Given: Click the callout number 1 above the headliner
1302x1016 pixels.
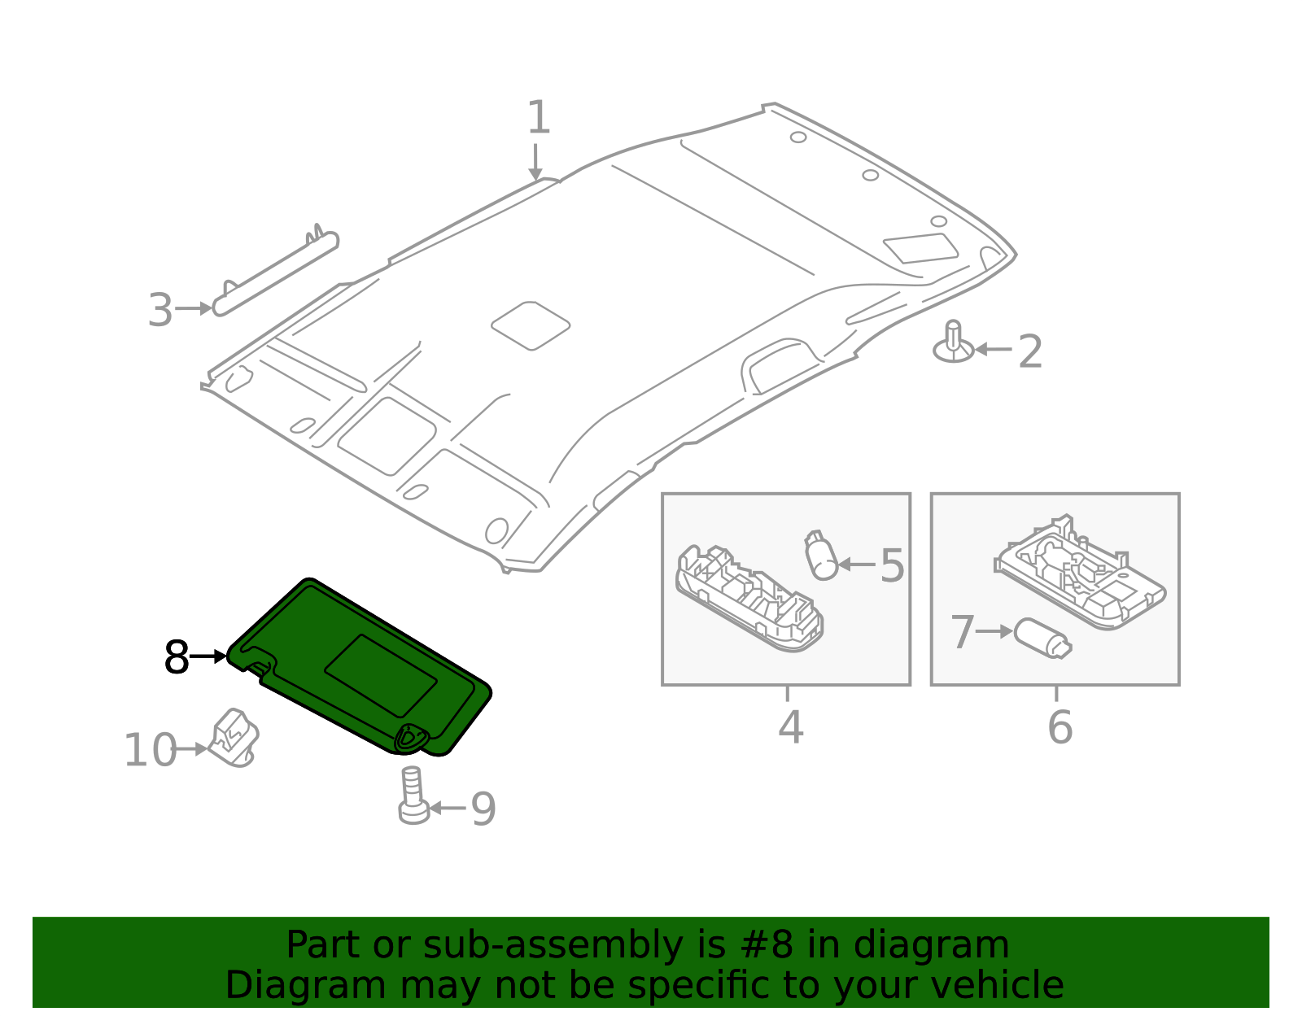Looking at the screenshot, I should (x=539, y=118).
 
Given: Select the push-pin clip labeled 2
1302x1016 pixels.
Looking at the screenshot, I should (x=954, y=343).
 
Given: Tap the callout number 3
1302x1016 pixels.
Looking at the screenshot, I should (x=160, y=311).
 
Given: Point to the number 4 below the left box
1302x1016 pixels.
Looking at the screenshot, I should (x=790, y=726).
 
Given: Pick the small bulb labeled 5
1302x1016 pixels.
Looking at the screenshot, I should (x=824, y=556).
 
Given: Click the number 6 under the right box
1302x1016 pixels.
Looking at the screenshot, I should (x=1060, y=726).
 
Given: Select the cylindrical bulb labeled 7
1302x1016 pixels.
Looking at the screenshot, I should (x=1042, y=638).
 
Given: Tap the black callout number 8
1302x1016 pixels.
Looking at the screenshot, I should (x=176, y=657).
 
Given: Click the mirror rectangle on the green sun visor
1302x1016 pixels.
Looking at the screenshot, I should (x=381, y=675).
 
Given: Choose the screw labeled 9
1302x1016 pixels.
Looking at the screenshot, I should (x=413, y=796).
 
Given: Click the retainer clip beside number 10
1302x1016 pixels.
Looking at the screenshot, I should (x=234, y=738).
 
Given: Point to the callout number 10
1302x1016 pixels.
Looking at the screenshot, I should (x=149, y=750).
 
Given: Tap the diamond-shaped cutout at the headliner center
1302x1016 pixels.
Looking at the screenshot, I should (x=531, y=325).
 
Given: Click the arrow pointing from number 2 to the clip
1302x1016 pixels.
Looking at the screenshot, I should (x=993, y=350).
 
